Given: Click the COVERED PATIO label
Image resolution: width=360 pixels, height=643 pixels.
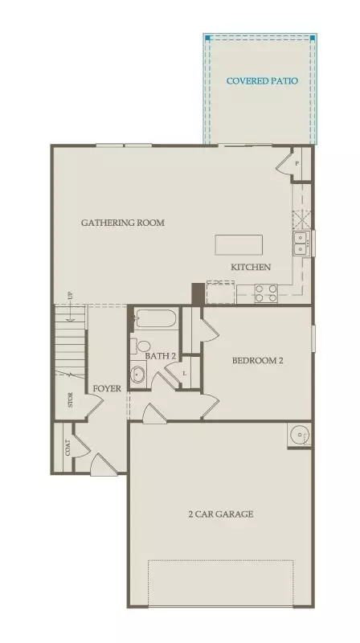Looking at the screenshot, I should pyautogui.click(x=262, y=80).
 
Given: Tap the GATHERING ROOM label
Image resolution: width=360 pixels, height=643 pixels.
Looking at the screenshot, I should pyautogui.click(x=123, y=223).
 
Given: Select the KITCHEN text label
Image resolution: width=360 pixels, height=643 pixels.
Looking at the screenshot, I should pyautogui.click(x=251, y=267).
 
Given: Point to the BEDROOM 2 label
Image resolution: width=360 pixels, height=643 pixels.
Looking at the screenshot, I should pyautogui.click(x=258, y=361).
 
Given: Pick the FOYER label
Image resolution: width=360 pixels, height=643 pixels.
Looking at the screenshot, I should pyautogui.click(x=107, y=389).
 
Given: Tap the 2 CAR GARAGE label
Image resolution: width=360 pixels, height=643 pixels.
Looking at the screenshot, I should pyautogui.click(x=221, y=514).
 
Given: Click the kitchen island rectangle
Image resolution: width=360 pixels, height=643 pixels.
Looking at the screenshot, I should pyautogui.click(x=239, y=244).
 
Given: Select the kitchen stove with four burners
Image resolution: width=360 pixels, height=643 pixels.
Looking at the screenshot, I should pyautogui.click(x=266, y=293).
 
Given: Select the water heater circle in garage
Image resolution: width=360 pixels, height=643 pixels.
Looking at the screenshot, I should pyautogui.click(x=300, y=436).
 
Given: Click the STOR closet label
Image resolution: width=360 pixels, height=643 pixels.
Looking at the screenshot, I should pyautogui.click(x=71, y=400).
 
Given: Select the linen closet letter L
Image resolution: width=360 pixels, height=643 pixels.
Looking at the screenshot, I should pyautogui.click(x=186, y=373).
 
